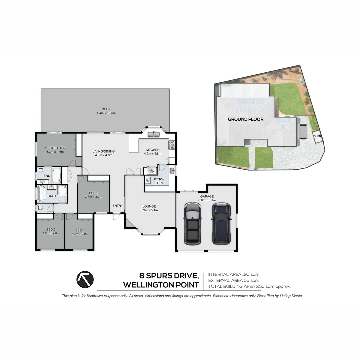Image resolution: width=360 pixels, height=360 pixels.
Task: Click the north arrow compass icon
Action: pos(85,280)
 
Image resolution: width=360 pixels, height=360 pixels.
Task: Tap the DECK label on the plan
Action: pos(106,109)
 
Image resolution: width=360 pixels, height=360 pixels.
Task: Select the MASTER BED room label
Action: pos(55,148)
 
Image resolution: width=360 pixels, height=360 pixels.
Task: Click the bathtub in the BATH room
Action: pos(41,194)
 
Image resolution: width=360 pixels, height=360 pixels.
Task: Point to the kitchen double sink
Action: pos(154,135)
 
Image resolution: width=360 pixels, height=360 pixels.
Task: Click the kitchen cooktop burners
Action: pos(172,145)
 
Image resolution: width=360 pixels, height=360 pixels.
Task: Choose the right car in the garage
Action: pos(221,223)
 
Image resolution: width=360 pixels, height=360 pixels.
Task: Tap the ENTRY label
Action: pos(117,206)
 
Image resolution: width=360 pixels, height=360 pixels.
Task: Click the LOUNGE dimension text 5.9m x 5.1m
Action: pos(149,210)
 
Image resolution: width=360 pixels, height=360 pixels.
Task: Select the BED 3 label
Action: pos(51,230)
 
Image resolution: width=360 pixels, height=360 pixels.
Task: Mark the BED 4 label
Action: pos(80,230)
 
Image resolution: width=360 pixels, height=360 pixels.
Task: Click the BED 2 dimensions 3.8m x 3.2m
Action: pos(93,197)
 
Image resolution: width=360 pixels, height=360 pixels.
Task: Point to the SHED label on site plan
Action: pos(317,136)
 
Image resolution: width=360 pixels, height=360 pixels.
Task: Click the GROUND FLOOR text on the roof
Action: pos(246,119)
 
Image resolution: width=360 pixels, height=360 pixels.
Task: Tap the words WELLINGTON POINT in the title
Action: pos(161,285)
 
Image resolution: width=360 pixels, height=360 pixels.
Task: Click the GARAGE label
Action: pos(207,196)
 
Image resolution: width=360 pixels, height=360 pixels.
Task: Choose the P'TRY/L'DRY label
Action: pos(158,181)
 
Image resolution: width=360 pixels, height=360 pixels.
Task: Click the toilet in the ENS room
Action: pos(40,170)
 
